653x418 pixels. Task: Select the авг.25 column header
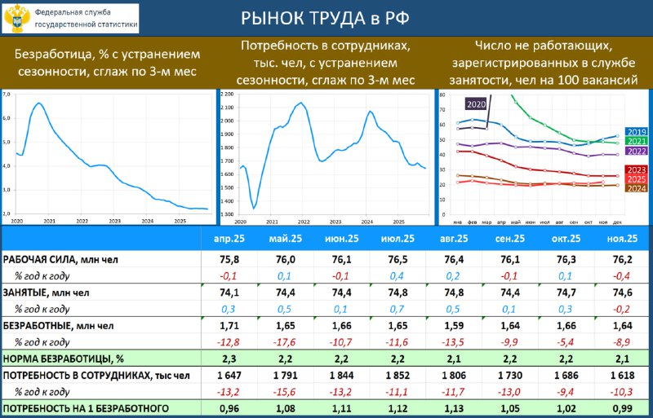pos(451,239)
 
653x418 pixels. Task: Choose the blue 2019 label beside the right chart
pos(636,132)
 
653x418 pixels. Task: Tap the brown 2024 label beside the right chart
pos(636,188)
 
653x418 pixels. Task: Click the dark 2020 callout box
pos(476,104)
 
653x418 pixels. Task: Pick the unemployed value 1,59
pos(451,326)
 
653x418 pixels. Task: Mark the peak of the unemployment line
pos(38,103)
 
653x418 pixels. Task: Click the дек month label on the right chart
pos(617,222)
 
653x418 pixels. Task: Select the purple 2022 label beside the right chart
pos(636,151)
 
